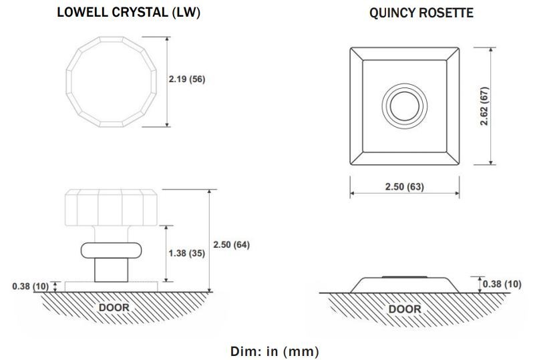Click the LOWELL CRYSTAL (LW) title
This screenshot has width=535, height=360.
tap(128, 13)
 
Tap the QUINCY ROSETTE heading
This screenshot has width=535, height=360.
tap(421, 13)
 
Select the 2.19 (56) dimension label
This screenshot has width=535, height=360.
tap(187, 79)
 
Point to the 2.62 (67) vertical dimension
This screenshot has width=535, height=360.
tap(484, 106)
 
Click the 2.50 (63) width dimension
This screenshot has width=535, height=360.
tap(405, 186)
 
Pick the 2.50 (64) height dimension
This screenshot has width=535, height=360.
tap(231, 244)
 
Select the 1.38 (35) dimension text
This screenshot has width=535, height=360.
tap(186, 253)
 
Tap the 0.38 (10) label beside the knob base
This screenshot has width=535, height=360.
tap(31, 287)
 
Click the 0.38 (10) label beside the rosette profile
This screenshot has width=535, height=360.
tap(502, 284)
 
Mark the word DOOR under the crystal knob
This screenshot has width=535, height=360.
tap(114, 307)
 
